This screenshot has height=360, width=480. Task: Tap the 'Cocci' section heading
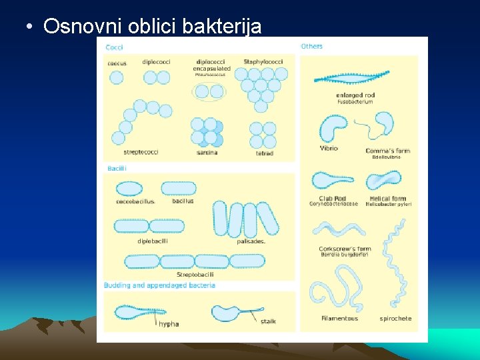point(114,47)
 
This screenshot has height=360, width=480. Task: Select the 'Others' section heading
point(311,46)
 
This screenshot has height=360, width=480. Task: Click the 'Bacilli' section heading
point(117,169)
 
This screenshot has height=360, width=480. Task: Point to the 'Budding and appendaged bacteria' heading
point(159,285)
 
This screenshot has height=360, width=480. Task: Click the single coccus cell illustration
point(116,77)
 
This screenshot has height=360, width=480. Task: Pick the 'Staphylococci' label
point(264,62)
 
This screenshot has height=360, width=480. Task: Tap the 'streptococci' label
point(141,152)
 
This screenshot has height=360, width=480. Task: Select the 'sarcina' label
point(207,153)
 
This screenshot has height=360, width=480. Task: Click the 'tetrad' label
point(265,153)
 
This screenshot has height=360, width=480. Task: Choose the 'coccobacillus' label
point(135,201)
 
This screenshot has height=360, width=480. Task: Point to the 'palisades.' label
point(251,241)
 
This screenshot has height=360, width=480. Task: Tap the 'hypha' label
point(169,324)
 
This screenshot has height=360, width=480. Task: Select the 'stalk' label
point(268,321)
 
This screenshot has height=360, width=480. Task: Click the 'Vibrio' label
point(329,148)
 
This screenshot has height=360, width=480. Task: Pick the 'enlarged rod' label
point(355,95)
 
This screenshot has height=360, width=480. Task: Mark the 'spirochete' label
point(395,319)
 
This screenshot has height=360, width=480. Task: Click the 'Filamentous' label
point(339,319)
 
